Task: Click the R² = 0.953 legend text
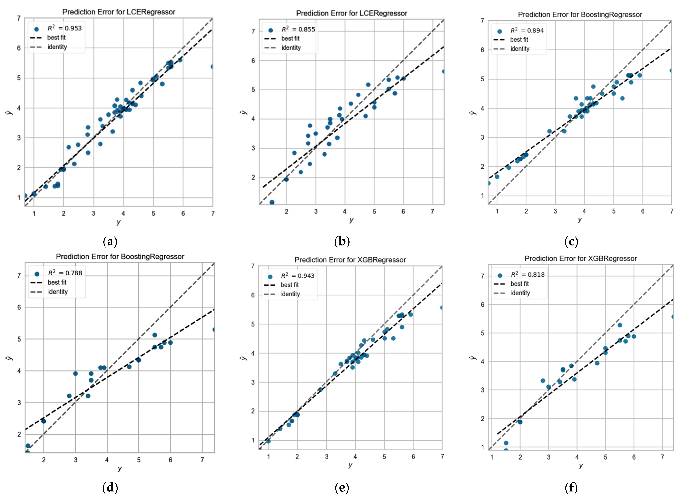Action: (65, 28)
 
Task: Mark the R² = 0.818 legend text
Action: (528, 274)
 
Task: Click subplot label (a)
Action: (110, 242)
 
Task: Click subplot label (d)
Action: (110, 488)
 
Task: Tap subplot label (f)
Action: (571, 488)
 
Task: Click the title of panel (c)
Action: (580, 14)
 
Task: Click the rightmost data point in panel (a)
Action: (212, 66)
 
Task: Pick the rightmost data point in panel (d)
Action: (214, 329)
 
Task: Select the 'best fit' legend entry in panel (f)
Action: (519, 284)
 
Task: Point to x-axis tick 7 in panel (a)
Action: (213, 214)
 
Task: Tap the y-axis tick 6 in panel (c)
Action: (482, 50)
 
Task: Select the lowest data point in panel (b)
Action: (272, 202)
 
